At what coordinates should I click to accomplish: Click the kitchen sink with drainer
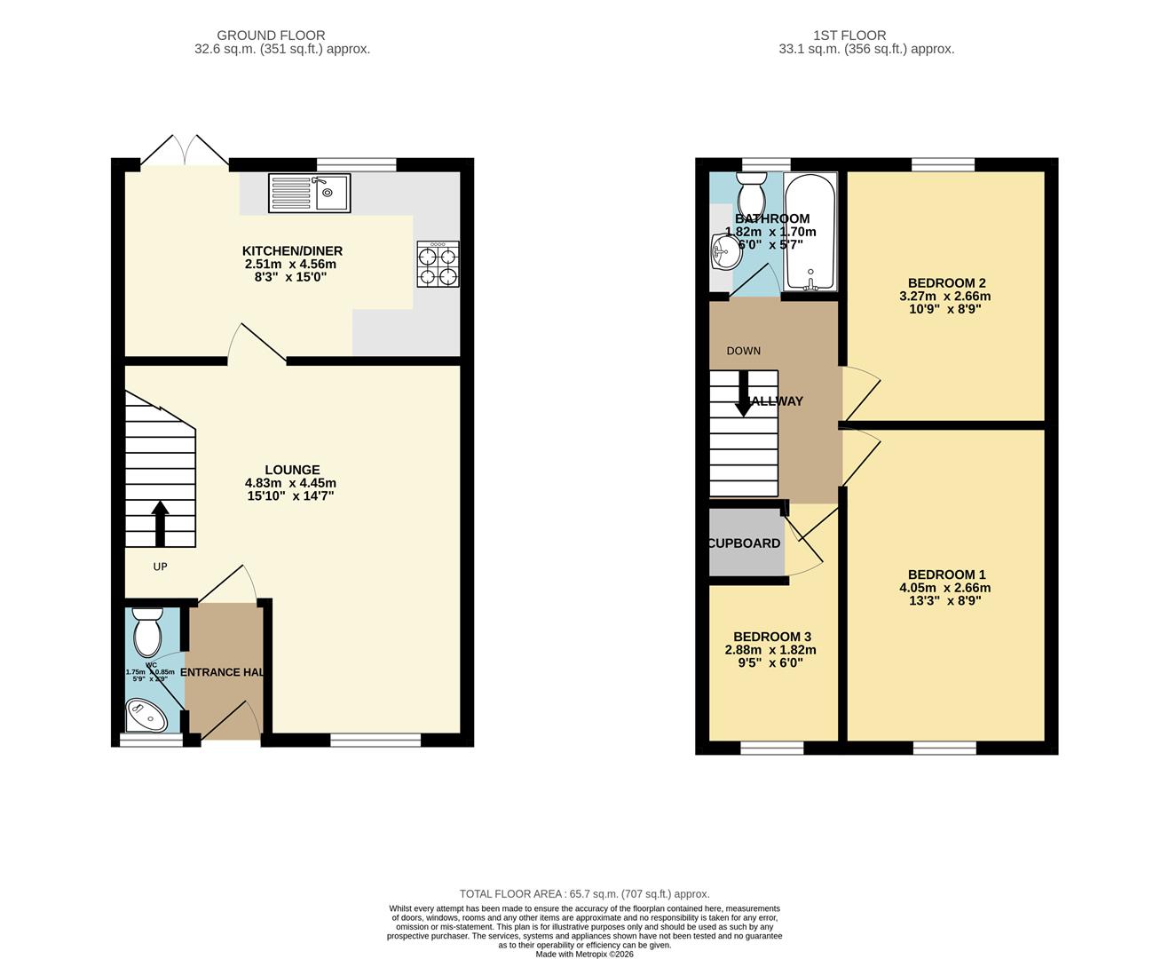click(x=309, y=193)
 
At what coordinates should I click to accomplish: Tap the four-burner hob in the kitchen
click(x=438, y=264)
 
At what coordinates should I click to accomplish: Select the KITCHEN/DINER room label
click(x=292, y=251)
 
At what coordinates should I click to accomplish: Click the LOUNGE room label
click(x=292, y=470)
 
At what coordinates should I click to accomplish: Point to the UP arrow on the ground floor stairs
click(x=160, y=523)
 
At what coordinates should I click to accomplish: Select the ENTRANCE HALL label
click(x=223, y=672)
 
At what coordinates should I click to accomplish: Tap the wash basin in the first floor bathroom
click(x=724, y=252)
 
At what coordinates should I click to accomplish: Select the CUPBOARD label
click(x=744, y=543)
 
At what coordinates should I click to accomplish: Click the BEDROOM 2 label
click(x=944, y=283)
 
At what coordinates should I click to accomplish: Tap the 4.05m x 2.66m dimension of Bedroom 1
click(x=944, y=588)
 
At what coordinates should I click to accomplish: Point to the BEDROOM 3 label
click(x=771, y=637)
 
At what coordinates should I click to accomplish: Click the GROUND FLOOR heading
click(x=271, y=36)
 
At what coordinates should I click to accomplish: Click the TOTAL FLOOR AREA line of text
click(x=584, y=894)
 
